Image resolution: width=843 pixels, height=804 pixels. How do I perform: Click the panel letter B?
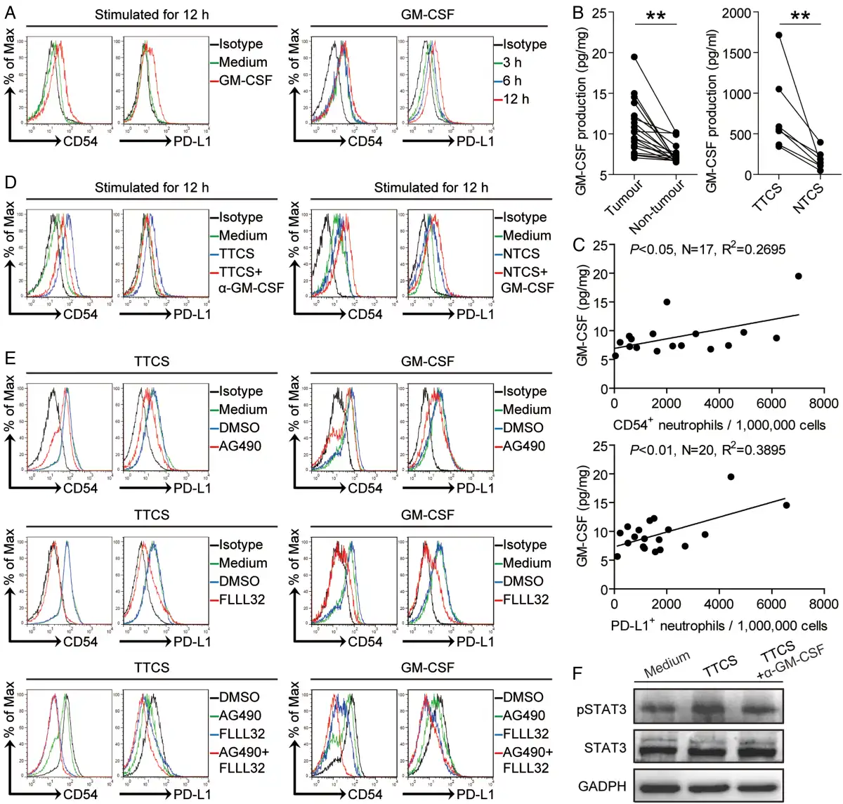click(579, 13)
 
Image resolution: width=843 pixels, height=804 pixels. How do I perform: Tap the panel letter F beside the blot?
click(578, 675)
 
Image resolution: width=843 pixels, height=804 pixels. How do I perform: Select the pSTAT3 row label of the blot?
click(601, 709)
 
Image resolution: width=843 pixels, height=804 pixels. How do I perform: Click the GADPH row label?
click(602, 786)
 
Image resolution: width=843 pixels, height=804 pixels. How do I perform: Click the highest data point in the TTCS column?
click(779, 34)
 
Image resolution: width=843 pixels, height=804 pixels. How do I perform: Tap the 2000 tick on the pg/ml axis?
click(735, 13)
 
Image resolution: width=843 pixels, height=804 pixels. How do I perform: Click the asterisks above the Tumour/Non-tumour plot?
click(655, 15)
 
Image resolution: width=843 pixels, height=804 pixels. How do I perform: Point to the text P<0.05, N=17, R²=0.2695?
click(707, 249)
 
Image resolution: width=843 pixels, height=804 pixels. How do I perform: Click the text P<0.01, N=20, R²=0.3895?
click(707, 450)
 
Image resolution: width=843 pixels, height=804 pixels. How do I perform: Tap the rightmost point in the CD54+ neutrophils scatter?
click(798, 276)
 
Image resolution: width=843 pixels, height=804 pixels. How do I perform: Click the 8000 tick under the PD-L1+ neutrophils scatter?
click(823, 604)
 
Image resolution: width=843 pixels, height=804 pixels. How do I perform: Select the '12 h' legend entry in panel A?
click(516, 99)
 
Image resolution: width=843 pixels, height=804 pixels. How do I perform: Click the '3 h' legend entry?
click(512, 63)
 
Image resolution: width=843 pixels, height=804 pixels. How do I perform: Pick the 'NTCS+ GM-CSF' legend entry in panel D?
click(526, 280)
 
